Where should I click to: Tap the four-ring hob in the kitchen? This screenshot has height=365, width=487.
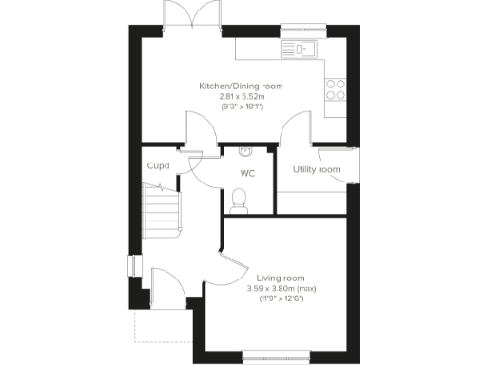coord(336,89)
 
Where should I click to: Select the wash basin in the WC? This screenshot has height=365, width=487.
coord(244,150)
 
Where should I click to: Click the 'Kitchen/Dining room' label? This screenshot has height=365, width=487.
coord(241,86)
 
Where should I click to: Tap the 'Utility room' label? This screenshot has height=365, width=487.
coord(316,170)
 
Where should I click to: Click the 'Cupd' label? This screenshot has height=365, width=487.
coord(158,166)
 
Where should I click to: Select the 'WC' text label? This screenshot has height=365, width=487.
coord(247,174)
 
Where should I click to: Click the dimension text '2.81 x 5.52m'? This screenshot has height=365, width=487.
coord(241,97)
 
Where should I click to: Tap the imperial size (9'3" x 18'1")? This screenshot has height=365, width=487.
coord(241,107)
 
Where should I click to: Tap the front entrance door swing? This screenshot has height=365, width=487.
coord(165,283)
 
